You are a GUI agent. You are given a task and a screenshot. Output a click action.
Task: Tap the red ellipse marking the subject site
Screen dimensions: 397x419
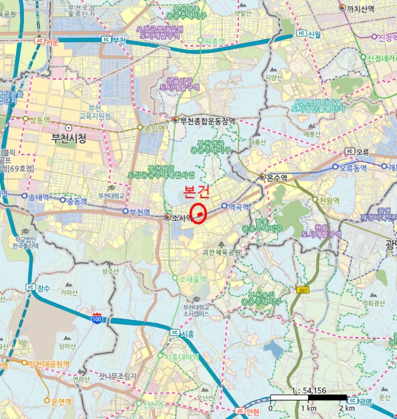pos(198,214)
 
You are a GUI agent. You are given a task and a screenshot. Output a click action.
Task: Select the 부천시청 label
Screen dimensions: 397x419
pos(69,138)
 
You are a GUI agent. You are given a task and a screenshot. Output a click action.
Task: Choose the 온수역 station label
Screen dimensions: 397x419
pos(277,177)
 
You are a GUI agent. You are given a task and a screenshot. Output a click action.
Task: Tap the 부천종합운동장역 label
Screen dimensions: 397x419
pos(207,120)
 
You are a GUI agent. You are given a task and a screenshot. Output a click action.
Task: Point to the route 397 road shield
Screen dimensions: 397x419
pos(303,290)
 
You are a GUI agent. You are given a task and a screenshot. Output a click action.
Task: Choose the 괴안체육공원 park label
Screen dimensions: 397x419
pos(220,252)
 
